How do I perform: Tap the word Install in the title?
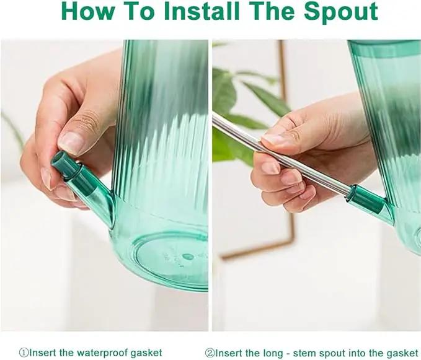[x=202, y=11]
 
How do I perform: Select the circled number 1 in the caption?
[x=24, y=352]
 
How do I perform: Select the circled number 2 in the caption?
[x=210, y=353]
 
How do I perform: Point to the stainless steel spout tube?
[x=281, y=153]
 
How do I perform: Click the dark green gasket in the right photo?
[x=366, y=199]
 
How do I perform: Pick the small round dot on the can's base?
[x=188, y=257]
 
